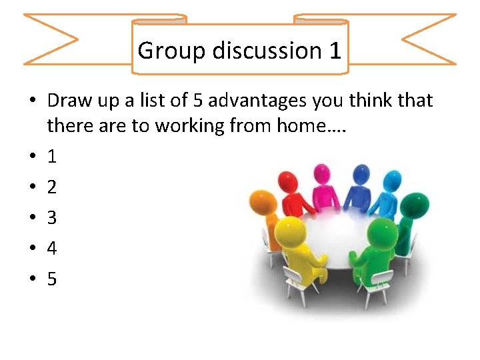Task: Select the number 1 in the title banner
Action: [335, 50]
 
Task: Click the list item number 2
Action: [52, 187]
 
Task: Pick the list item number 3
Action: [52, 218]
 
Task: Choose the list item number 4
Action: [52, 249]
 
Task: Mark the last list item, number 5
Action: [52, 279]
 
